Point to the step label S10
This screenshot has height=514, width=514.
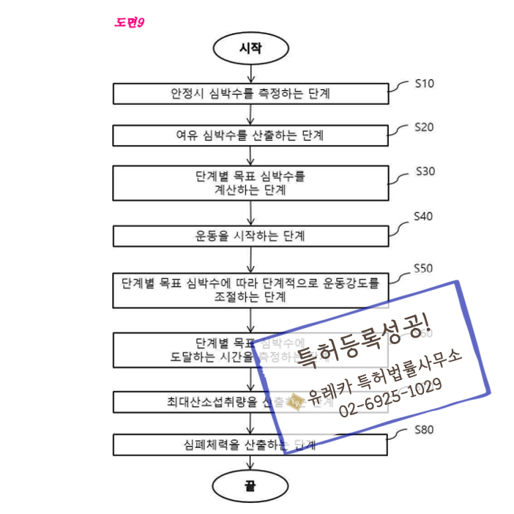pyautogui.click(x=424, y=83)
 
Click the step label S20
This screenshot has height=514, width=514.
pyautogui.click(x=424, y=127)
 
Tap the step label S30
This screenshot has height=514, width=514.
pyautogui.click(x=425, y=171)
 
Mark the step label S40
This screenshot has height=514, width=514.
pyautogui.click(x=424, y=216)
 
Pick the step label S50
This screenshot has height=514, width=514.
pyautogui.click(x=424, y=268)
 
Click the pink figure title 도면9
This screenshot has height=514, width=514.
pyautogui.click(x=130, y=22)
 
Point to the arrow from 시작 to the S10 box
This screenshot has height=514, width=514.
pyautogui.click(x=251, y=72)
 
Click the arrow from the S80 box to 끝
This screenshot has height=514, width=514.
pyautogui.click(x=251, y=462)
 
